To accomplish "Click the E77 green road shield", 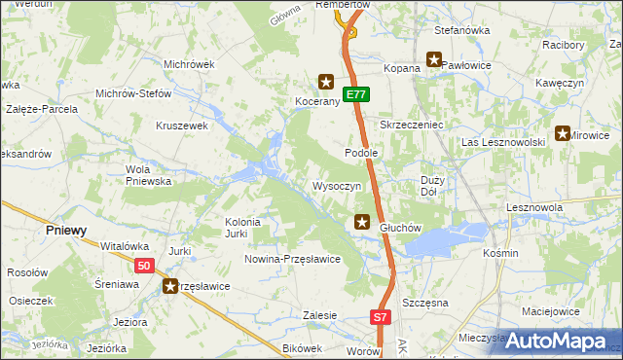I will pos(357,94).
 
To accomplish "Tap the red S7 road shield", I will pos(381,317).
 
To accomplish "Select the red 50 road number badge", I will pos(145,266).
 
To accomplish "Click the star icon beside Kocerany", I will pos(327,84).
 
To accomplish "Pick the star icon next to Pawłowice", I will pos(434,62).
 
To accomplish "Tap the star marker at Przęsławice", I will pos(171,286).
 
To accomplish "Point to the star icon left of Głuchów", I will pos(362,223).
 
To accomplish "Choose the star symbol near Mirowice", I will pos(562,134).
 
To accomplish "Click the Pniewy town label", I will pos(67,231).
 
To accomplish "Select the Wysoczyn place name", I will pos(337,185).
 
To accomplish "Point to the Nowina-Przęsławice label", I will pos(292,259).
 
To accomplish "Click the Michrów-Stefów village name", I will pos(132,94).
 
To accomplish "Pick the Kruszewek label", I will pos(183,126).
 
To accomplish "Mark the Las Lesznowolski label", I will pos(502,142).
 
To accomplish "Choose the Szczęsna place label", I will pos(424,303).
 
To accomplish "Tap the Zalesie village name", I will pos(319,315).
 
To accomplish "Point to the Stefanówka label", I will pos(461,30).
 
